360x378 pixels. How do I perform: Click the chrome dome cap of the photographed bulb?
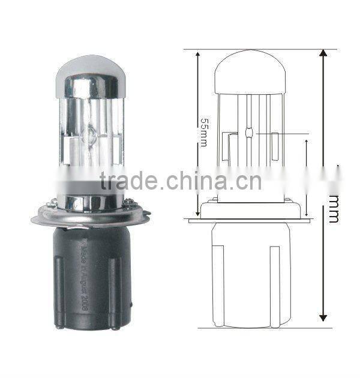[91, 75]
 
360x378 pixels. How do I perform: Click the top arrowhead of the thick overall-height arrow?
[323, 55]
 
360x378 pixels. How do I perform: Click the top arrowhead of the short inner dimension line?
[307, 144]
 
